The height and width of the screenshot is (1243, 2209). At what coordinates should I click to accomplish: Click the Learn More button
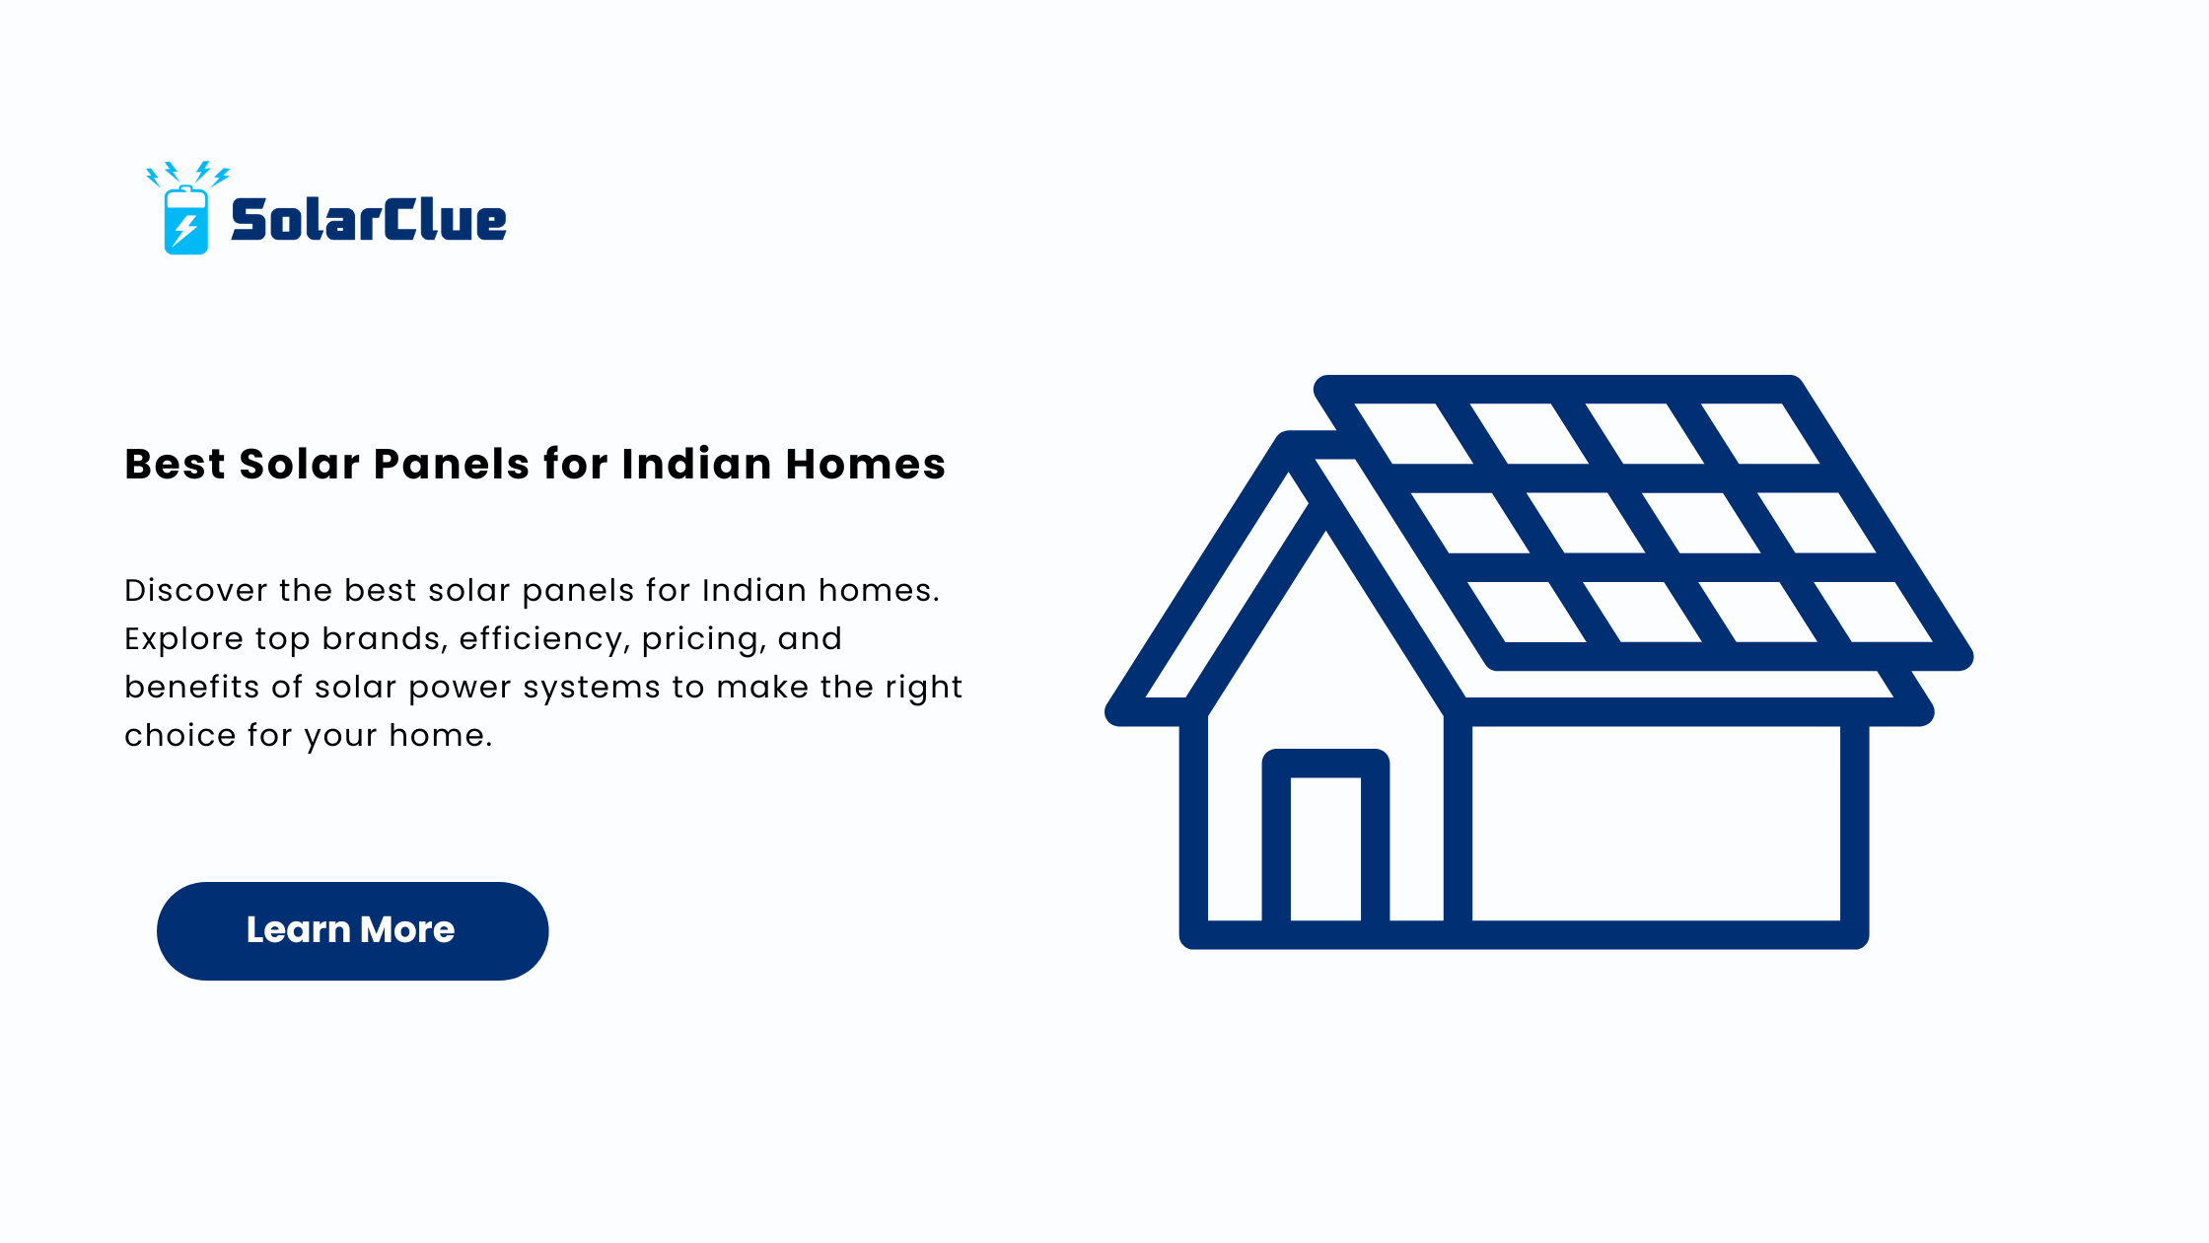pyautogui.click(x=352, y=930)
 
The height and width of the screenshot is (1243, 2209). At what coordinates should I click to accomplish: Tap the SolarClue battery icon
pyautogui.click(x=186, y=208)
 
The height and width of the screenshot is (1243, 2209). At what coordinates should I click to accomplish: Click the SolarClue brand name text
pyautogui.click(x=368, y=220)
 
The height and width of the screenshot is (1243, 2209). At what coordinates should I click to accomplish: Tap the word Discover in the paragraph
pyautogui.click(x=196, y=590)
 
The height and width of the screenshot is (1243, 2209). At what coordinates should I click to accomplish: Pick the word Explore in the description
pyautogui.click(x=183, y=640)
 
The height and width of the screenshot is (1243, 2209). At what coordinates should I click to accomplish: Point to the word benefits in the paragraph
pyautogui.click(x=192, y=687)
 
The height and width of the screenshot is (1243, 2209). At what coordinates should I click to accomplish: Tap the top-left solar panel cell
pyautogui.click(x=1413, y=433)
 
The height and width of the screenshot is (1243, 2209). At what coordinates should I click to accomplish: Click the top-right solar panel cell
pyautogui.click(x=1760, y=433)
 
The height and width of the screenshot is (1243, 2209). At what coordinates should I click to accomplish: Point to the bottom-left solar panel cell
pyautogui.click(x=1527, y=612)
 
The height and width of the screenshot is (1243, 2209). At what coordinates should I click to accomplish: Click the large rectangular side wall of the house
pyautogui.click(x=1657, y=824)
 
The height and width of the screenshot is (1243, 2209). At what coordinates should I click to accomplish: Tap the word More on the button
pyautogui.click(x=407, y=930)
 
